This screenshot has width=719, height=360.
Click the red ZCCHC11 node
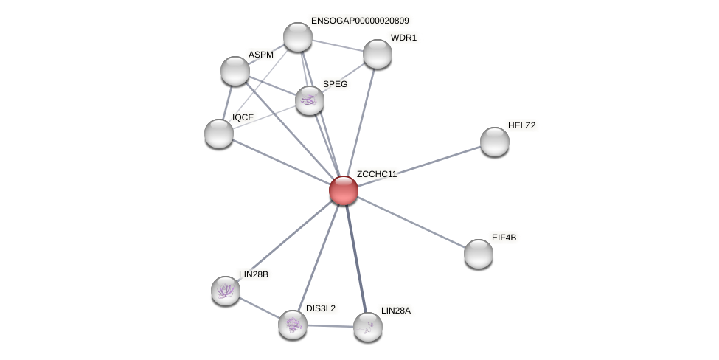344,190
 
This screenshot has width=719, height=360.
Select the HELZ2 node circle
494,142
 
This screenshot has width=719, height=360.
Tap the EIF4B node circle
479,254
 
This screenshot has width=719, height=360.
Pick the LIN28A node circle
367,327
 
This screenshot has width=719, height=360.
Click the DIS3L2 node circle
293,325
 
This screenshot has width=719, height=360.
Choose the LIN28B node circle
226,291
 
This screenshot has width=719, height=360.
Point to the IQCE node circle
219,134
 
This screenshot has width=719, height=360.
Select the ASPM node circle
235,71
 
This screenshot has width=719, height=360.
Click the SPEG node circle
310,100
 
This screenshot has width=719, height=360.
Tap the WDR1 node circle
378,54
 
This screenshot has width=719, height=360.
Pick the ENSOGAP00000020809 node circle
298,37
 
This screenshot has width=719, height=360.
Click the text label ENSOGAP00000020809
360,21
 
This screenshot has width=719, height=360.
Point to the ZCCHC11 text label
377,174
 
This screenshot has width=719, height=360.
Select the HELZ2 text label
521,125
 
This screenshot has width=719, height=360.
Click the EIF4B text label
504,238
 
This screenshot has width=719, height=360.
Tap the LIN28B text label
253,274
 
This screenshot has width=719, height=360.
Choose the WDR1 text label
403,38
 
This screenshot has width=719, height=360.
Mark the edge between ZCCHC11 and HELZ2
419,166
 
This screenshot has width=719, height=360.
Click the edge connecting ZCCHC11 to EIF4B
411,222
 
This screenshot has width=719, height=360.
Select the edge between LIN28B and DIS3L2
259,308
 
